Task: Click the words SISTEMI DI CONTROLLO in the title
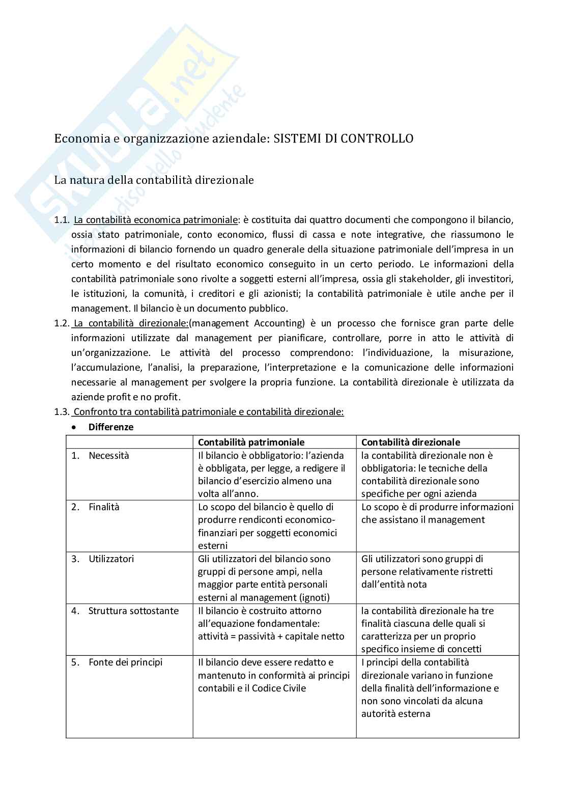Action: pyautogui.click(x=344, y=138)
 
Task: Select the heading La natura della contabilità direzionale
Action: pyautogui.click(x=154, y=180)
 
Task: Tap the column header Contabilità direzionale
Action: pyautogui.click(x=411, y=442)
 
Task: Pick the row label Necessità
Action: pyautogui.click(x=109, y=455)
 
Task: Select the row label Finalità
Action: pyautogui.click(x=104, y=507)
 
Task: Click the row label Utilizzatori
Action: pyautogui.click(x=111, y=559)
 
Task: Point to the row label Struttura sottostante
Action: pyautogui.click(x=133, y=611)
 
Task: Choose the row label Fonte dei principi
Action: pyautogui.click(x=125, y=662)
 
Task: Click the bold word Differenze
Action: pyautogui.click(x=111, y=427)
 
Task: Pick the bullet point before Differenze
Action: pyautogui.click(x=74, y=427)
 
